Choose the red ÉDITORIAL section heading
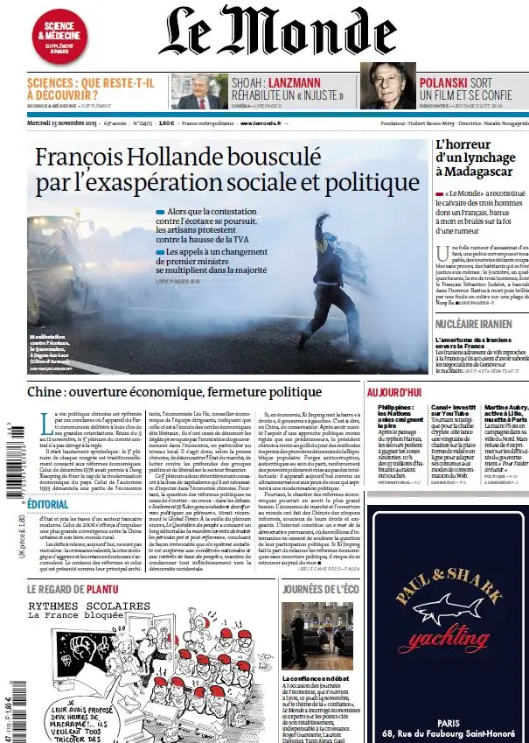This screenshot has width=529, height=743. (x=48, y=504)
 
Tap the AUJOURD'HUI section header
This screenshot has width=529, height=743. (x=395, y=392)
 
